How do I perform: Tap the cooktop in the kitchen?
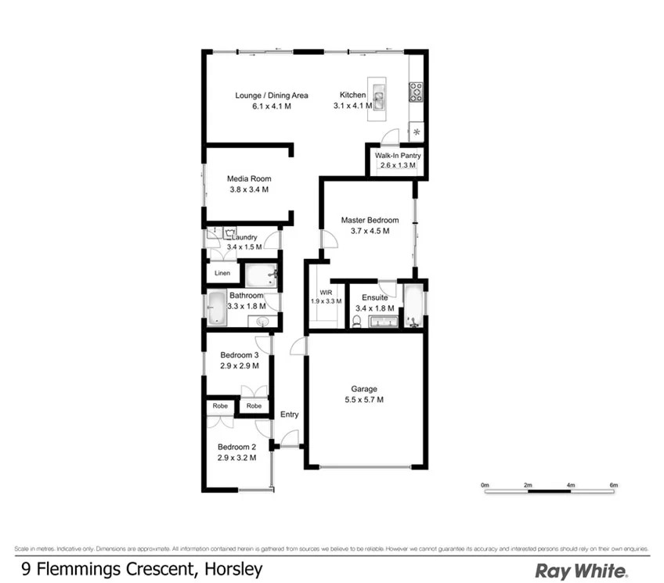point(417,92)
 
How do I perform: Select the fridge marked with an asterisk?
point(417,131)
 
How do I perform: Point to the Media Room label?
point(249,178)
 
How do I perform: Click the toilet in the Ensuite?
point(357,320)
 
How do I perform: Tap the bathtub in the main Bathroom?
point(216,309)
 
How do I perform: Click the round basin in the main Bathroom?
point(264,321)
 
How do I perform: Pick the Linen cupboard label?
point(222,273)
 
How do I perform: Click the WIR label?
point(316,291)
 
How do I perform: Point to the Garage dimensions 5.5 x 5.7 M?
point(364,400)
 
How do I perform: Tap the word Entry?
point(289,415)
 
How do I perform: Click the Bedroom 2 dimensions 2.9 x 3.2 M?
point(236,458)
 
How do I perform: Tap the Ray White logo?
point(579,570)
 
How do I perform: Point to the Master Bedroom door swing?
point(329,239)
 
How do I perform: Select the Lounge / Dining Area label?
point(272,95)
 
